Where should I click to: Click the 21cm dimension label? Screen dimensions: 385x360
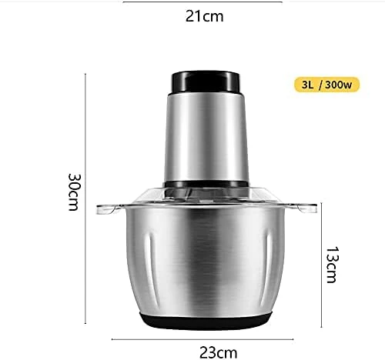pos(205,16)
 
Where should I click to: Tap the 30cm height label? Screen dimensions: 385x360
pos(74,192)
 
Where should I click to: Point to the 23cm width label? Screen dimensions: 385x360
pos(219,353)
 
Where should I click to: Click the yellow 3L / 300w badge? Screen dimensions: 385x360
pos(326,85)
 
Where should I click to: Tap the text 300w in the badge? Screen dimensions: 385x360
pos(338,85)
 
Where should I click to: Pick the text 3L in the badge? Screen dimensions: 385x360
pos(307,85)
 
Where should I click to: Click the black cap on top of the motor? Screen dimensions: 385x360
pos(206,82)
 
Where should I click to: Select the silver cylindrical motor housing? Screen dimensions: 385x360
pos(206,137)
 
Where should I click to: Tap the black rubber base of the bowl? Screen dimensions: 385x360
pos(206,321)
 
